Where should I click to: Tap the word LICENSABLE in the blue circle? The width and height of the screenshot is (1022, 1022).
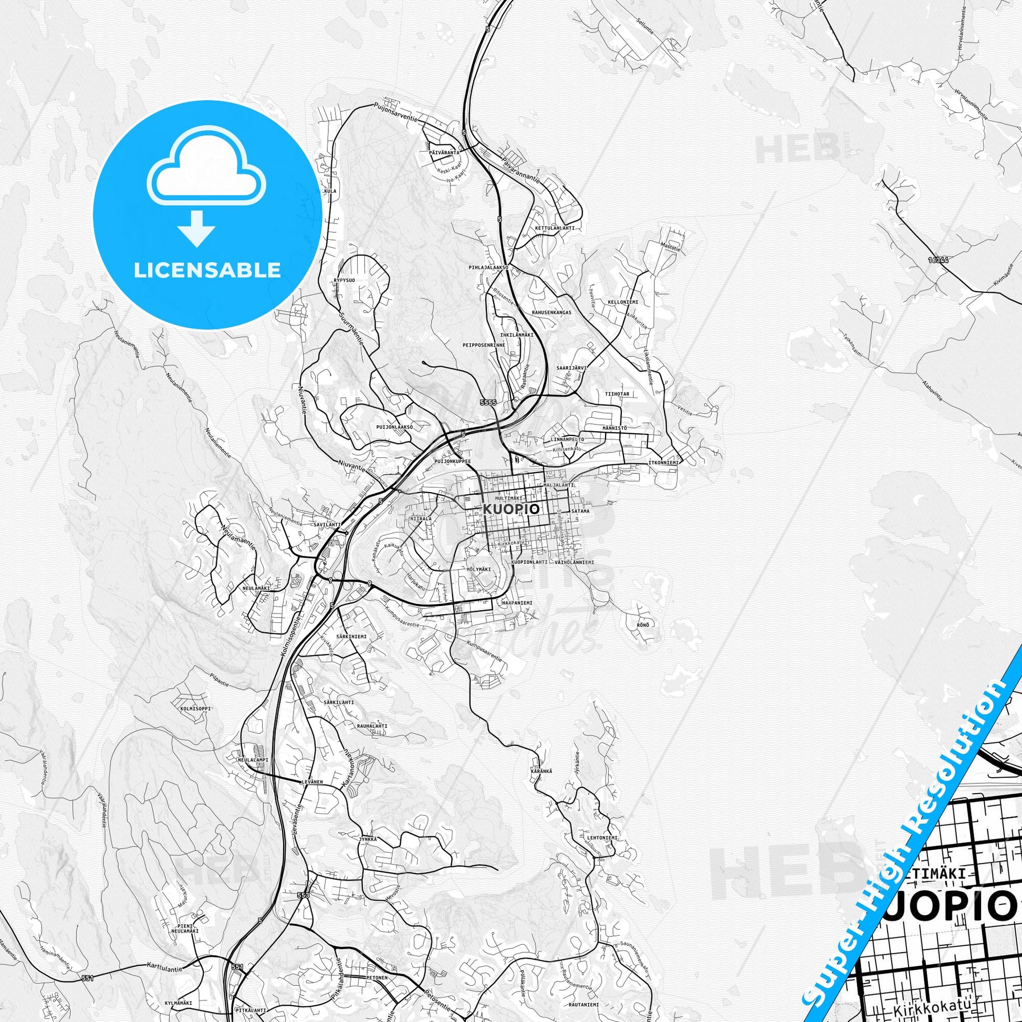click(207, 270)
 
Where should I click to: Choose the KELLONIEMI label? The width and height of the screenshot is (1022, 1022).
click(623, 302)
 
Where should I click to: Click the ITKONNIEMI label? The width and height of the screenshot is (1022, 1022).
click(663, 462)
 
